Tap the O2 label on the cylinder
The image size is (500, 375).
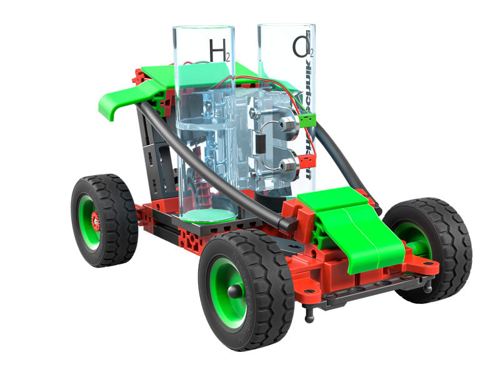[299, 48]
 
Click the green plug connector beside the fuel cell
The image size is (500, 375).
[305, 119]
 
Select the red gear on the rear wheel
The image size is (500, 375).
[96, 219]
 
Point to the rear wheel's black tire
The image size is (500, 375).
[119, 219]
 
